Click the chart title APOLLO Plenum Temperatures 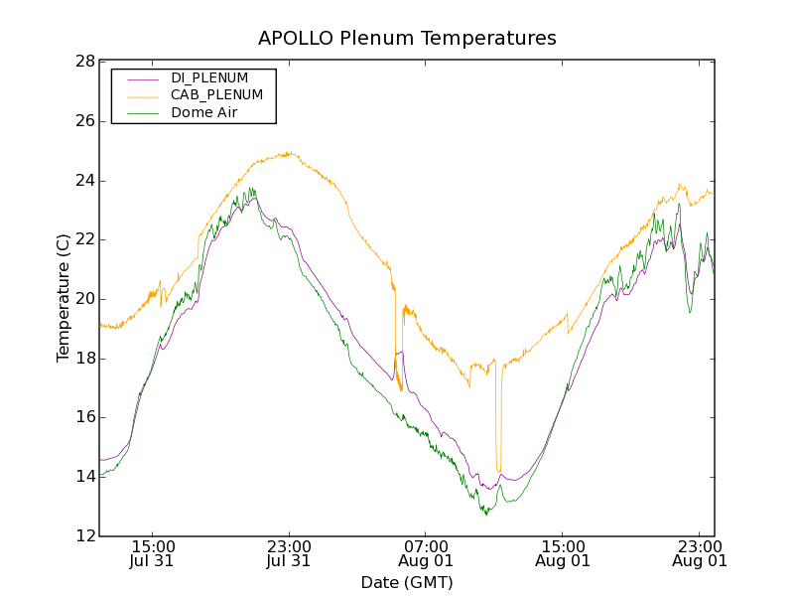click(407, 39)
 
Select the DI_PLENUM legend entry click(209, 77)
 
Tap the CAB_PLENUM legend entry click(216, 95)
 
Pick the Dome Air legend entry click(204, 113)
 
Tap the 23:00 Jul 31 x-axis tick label click(289, 553)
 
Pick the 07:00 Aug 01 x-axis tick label click(426, 553)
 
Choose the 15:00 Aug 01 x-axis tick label click(563, 553)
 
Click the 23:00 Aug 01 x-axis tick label click(700, 553)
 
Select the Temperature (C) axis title click(64, 298)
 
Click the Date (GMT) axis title click(407, 583)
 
